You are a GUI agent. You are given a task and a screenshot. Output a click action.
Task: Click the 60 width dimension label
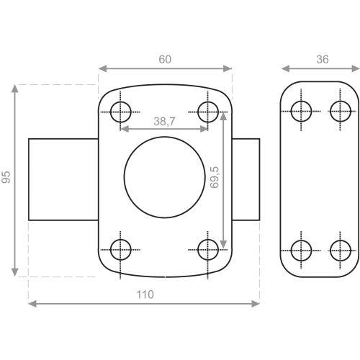tap(165, 59)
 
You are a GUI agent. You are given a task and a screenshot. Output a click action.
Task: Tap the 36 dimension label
tap(323, 59)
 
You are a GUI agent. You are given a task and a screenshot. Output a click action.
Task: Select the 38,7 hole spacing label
tap(164, 122)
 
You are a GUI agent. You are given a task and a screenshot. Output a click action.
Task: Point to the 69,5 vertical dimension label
tap(215, 177)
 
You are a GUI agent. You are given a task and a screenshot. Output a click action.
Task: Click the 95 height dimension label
tap(6, 177)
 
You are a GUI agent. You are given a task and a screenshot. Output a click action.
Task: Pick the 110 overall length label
tap(145, 294)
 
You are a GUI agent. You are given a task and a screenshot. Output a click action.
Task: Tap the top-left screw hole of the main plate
tap(121, 112)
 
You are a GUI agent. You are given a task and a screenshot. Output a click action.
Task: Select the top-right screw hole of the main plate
tap(208, 112)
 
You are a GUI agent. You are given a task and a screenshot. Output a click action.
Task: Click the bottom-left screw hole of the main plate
tap(121, 250)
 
